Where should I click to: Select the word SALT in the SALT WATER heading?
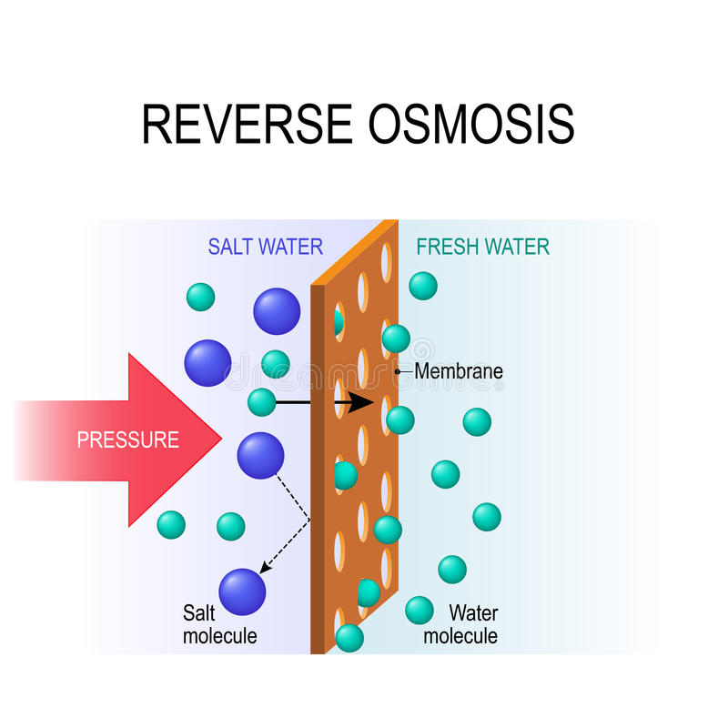click(x=229, y=247)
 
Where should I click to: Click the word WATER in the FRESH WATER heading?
click(x=518, y=247)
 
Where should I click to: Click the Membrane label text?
click(x=459, y=371)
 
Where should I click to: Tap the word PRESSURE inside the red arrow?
click(x=127, y=440)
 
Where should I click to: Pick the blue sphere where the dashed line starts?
click(x=260, y=456)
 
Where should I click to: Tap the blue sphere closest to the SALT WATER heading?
click(x=277, y=311)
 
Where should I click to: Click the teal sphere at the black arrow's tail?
click(x=261, y=401)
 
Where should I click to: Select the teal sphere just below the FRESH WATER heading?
click(x=422, y=286)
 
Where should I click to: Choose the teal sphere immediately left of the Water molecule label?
click(x=419, y=610)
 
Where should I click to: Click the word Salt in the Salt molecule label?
click(x=200, y=613)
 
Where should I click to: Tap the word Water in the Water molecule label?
click(x=473, y=613)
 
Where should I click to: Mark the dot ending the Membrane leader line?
click(x=398, y=371)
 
